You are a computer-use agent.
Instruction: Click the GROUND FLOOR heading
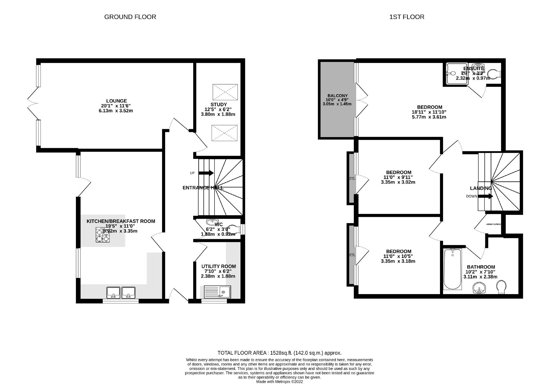[x=130, y=17]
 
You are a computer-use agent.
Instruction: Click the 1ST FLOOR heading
[x=407, y=17]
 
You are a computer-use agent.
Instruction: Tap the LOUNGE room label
[x=116, y=101]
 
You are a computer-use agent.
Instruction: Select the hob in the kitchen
[x=103, y=235]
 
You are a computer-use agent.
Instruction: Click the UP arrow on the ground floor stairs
[x=206, y=173]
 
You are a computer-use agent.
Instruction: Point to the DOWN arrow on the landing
[x=486, y=196]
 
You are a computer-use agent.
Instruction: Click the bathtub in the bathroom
[x=452, y=269]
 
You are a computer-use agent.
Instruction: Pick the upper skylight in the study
[x=225, y=92]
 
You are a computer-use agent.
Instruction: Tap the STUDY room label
[x=218, y=105]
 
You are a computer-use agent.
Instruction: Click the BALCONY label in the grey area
[x=337, y=96]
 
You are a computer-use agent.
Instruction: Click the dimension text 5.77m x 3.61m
[x=429, y=117]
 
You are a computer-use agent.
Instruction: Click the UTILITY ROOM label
[x=218, y=266]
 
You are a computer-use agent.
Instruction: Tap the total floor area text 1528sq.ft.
[x=279, y=353]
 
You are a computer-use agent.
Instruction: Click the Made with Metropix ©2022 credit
[x=279, y=382]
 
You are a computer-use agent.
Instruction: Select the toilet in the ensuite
[x=493, y=74]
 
